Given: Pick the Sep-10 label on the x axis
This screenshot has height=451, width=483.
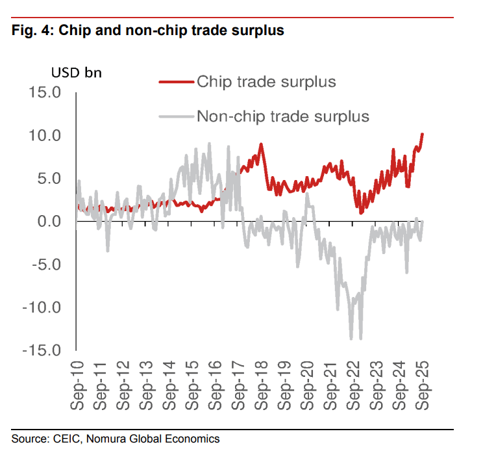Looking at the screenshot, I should [x=77, y=387].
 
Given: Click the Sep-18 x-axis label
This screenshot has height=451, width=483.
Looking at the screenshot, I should [x=262, y=387].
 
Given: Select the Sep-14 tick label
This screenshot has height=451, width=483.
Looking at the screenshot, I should [x=169, y=387].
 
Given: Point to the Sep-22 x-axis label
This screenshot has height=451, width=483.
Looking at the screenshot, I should [x=355, y=387].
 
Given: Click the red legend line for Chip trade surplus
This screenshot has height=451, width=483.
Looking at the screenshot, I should [x=176, y=82].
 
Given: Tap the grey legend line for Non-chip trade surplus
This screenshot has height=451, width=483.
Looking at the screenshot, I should [x=176, y=117].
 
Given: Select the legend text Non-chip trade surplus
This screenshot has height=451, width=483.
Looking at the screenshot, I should [x=282, y=117].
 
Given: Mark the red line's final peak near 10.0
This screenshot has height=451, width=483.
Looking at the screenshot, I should [x=423, y=135].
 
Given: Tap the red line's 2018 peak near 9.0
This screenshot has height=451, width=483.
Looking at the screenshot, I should [x=260, y=144].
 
